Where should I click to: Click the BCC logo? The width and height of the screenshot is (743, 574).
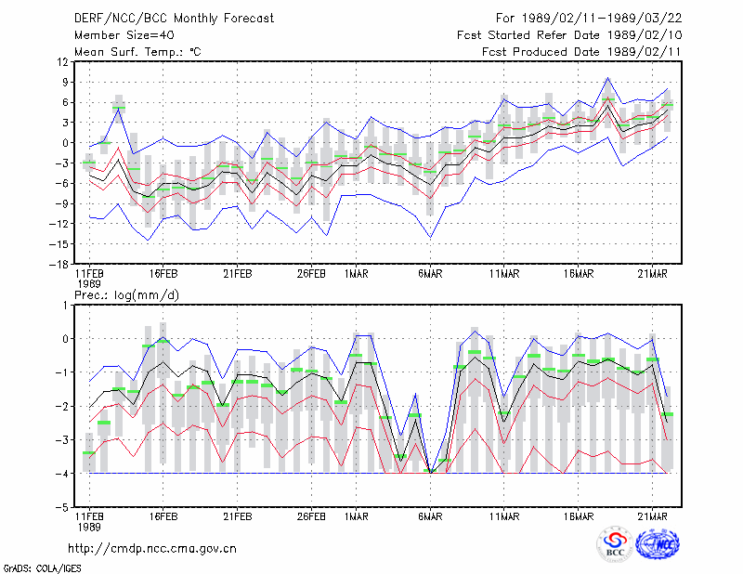(615, 543)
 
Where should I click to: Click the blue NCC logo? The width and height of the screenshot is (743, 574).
(658, 543)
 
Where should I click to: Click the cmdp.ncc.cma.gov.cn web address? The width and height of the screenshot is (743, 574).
(152, 549)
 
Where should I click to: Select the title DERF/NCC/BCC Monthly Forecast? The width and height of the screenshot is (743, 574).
(174, 19)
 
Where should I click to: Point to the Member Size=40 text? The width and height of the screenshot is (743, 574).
(124, 35)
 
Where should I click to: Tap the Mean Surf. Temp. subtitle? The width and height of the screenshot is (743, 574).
(137, 52)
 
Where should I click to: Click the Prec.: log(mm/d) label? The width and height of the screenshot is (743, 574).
(126, 295)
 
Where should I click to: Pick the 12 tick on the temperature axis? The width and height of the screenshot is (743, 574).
(62, 61)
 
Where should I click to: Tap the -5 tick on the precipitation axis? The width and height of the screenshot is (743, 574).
(62, 508)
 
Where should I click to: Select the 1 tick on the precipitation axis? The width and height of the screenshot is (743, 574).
(65, 306)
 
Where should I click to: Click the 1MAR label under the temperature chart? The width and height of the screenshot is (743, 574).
(356, 274)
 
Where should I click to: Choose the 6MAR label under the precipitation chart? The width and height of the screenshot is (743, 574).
(430, 516)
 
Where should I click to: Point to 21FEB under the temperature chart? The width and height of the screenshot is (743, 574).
(238, 274)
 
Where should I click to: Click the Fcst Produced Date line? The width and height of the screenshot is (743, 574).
(581, 52)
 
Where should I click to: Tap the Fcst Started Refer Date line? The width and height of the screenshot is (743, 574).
(569, 35)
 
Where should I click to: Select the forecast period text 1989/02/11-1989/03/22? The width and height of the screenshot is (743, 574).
(602, 19)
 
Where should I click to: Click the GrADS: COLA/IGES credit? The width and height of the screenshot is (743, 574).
(42, 568)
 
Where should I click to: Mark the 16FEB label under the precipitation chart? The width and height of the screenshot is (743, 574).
(163, 516)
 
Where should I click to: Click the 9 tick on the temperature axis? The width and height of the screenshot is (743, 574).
(65, 82)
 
